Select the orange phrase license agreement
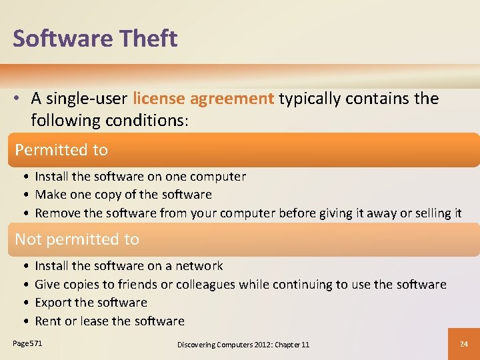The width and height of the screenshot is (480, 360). [203, 99]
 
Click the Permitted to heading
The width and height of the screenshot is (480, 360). [61, 150]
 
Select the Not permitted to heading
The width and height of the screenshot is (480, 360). [77, 239]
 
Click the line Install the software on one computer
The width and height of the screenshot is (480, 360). [140, 177]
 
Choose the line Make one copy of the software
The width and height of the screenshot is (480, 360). [123, 195]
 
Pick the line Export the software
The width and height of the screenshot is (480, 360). [91, 303]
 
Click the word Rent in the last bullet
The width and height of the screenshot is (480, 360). [47, 321]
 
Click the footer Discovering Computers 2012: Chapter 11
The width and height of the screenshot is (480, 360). [243, 344]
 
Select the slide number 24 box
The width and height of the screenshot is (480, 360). [464, 343]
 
